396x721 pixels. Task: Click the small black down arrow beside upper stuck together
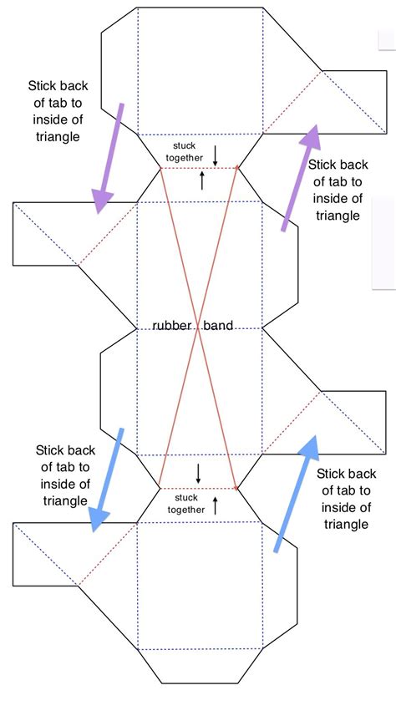215,155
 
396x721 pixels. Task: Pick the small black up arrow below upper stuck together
202,180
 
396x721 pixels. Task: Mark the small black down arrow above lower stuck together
198,474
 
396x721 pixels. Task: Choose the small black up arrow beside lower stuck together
215,505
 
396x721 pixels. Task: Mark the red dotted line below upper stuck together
199,169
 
